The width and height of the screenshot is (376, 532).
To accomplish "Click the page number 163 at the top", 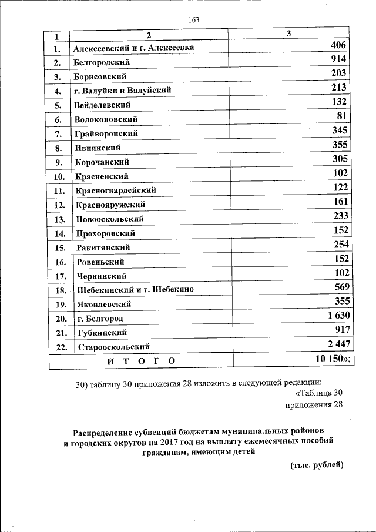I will pos(194,20).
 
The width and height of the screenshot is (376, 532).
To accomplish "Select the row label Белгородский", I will pos(102,62).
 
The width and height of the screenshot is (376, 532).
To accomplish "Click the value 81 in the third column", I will pos(343,116).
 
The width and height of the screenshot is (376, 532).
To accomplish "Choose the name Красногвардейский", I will pos(115,190).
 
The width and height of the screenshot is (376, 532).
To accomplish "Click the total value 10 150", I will pos(333,359).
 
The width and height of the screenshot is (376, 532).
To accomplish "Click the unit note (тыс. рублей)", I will pos(316,465).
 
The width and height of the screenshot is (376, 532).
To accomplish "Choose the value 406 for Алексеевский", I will pos(341,45).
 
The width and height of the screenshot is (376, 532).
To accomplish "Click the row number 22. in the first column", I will pos(58,347).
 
